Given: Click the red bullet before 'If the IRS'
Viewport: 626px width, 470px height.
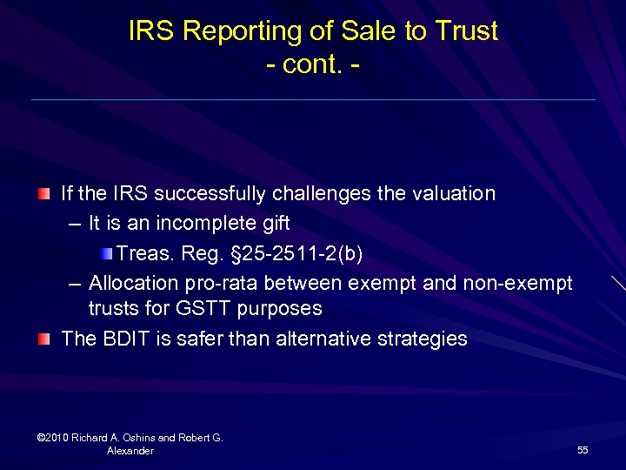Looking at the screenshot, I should [44, 192].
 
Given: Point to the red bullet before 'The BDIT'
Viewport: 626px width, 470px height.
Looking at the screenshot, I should [44, 338].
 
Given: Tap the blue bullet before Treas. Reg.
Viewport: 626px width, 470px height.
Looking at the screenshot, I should [106, 253].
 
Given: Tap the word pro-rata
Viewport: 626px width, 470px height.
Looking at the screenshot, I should [221, 285].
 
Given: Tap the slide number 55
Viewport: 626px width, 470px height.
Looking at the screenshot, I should [583, 450].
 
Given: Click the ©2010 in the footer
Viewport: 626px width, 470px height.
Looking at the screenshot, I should [54, 438].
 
